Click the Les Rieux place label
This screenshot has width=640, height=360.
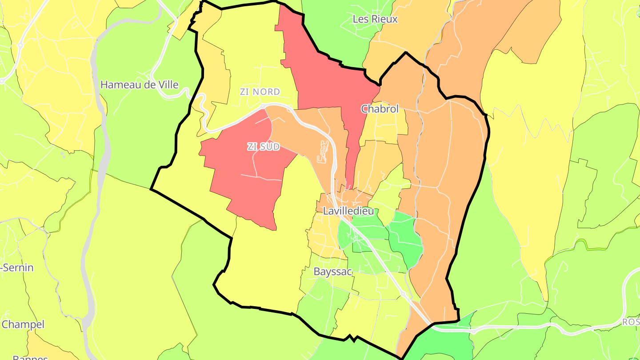point(375,19)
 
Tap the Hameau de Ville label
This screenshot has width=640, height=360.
point(139,84)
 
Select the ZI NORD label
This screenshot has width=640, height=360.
point(260,92)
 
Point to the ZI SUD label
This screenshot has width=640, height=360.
point(264,147)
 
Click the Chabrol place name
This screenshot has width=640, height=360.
point(380,109)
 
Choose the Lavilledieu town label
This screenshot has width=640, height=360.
point(348,211)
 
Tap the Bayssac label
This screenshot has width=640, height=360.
point(333,271)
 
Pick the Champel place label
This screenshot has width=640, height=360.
point(23,324)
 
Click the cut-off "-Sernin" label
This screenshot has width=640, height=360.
point(17,268)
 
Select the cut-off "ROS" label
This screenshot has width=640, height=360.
point(631,322)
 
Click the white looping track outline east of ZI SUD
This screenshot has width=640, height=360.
point(323,152)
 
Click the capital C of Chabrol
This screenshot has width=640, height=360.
point(364,109)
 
